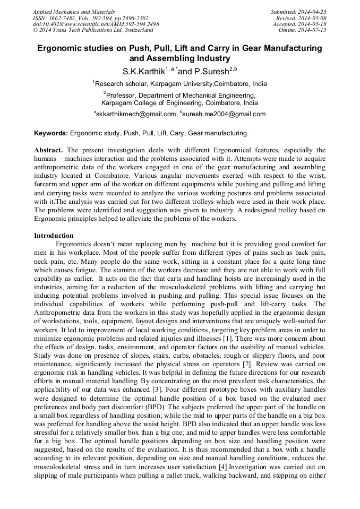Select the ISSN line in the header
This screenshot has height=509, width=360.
[x=90, y=18]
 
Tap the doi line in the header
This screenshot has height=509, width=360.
[x=96, y=24]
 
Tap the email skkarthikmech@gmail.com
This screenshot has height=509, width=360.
[x=136, y=114]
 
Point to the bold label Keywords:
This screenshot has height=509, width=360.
[x=51, y=133]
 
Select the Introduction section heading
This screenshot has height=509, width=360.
[x=54, y=236]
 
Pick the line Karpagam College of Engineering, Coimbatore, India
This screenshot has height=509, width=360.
[x=179, y=103]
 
